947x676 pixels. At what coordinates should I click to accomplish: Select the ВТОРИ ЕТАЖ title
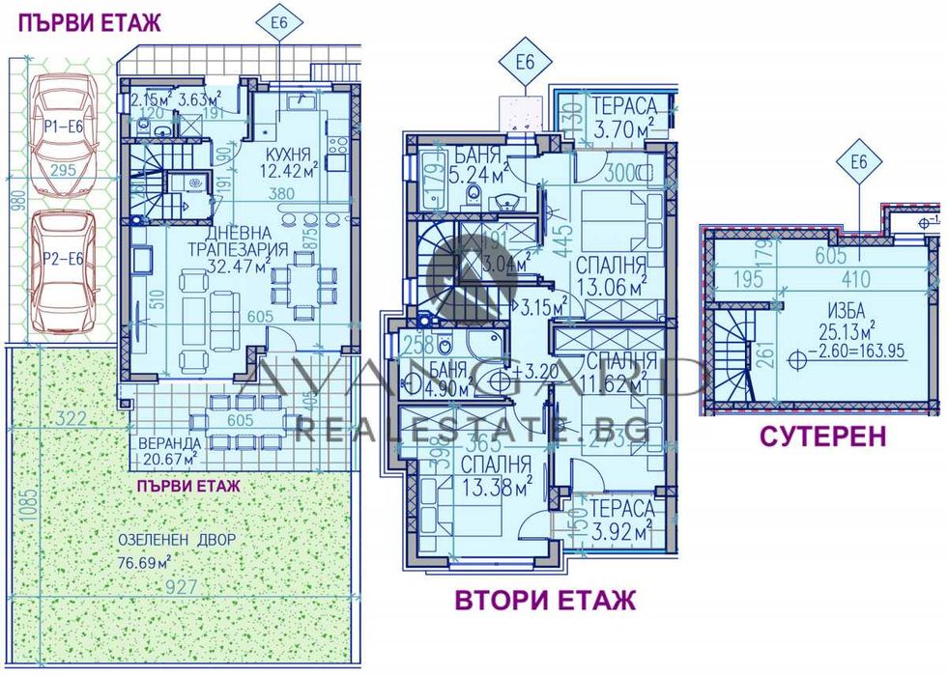point(545,601)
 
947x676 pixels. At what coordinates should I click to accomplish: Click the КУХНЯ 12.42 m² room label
point(292,163)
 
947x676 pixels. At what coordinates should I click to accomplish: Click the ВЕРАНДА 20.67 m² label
point(168,450)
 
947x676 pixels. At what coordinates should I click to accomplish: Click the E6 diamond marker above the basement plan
point(858,166)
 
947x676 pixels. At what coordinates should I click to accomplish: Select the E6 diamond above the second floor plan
point(524,64)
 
